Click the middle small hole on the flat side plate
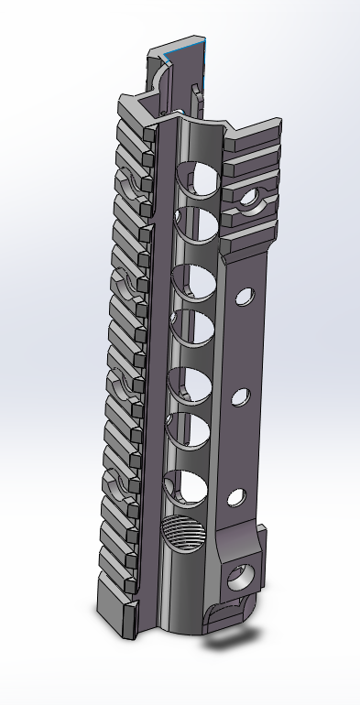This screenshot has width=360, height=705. [241, 396]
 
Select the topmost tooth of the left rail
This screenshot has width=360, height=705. [130, 111]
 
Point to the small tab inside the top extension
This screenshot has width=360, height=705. [195, 91]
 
